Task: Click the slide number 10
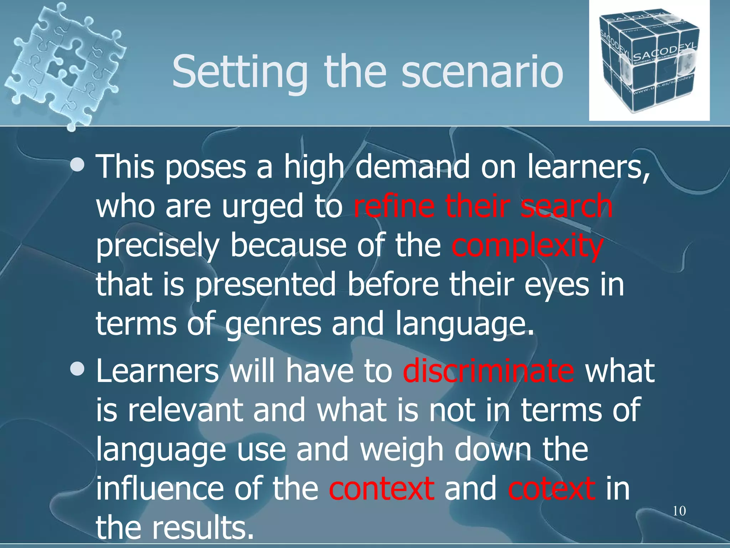pyautogui.click(x=679, y=511)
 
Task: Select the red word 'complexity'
pyautogui.click(x=527, y=246)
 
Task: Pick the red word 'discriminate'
pyautogui.click(x=488, y=371)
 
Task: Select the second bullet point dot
pyautogui.click(x=77, y=370)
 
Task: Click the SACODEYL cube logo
pyautogui.click(x=649, y=61)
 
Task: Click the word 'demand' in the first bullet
pyautogui.click(x=412, y=167)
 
